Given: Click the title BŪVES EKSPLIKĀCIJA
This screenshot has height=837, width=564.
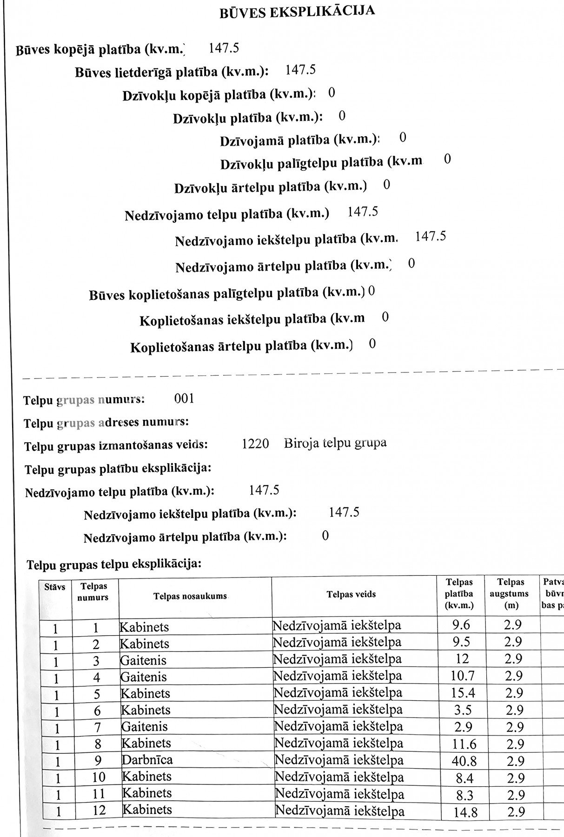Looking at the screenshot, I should coord(297,12).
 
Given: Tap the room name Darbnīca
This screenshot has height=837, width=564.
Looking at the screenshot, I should coord(147,760).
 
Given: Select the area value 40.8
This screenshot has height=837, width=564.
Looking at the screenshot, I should coord(464,761).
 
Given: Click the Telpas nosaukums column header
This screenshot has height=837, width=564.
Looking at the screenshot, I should coord(190,596).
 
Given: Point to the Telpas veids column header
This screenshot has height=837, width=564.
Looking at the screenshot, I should coord(351,594).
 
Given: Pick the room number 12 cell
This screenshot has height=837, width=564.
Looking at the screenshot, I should coord(99,810).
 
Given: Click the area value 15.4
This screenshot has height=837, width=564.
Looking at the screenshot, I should coord(463,693).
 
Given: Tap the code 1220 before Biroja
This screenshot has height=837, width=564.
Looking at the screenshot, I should coord(255,444).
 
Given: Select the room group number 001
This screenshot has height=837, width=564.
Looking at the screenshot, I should coord(184,399).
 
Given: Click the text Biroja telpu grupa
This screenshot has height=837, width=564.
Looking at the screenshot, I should coord(335,442).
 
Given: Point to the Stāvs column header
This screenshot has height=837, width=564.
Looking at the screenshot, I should coord(55,587).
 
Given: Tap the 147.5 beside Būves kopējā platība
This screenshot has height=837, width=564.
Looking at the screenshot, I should coord(224,47).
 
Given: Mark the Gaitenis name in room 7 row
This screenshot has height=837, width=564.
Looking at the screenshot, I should coord(144,726).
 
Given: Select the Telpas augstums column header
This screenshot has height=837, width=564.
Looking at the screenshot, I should coord(511,593).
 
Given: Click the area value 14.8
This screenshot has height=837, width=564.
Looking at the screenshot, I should coord(464,812).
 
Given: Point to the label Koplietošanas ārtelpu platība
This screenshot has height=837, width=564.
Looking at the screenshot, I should coord(241,346).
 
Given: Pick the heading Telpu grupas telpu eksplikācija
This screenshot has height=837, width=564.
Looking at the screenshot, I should coord(114,564).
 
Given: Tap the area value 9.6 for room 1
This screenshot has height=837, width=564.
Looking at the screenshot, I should coord(461,624).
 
